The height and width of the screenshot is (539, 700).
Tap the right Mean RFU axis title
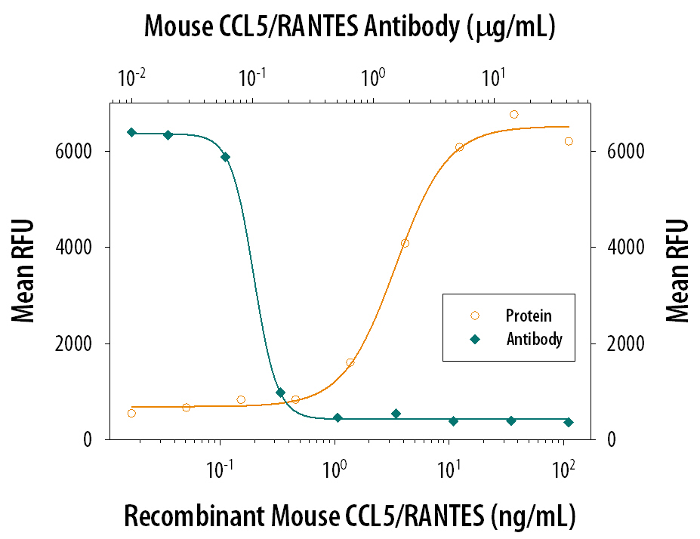pos(677,270)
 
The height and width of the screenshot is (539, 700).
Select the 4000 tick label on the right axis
pos(617,248)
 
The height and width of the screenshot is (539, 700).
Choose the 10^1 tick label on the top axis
pos(493,78)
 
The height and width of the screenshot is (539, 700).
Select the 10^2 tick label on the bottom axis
pos(563,467)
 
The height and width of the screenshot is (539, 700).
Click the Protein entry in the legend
pos(528,316)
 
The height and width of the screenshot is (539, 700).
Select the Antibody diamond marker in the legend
pos(474,340)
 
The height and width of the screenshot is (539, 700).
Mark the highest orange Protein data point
pos(513,115)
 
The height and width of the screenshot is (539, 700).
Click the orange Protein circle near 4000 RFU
pos(405,243)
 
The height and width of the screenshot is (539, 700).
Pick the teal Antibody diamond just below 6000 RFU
pos(225,157)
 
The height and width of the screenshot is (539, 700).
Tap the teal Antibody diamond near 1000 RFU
pos(280,393)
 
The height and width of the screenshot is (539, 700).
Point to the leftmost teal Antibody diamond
pos(131,132)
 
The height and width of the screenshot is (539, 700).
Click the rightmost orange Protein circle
pos(569,141)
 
